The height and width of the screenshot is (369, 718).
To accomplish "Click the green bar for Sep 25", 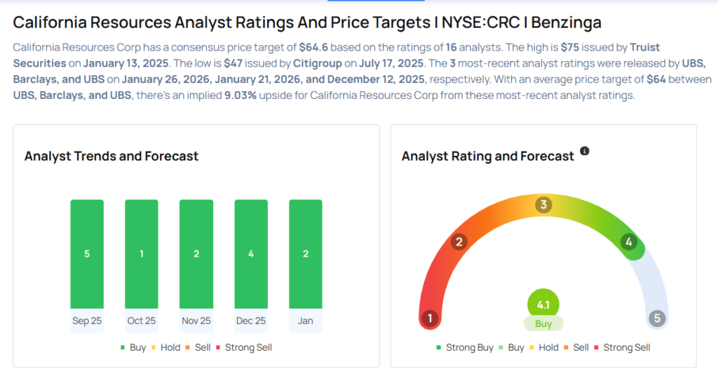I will coord(87,253).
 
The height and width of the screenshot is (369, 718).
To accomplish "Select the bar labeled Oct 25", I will coord(142,253).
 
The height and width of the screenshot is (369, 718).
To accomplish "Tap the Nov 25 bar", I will coord(196,253).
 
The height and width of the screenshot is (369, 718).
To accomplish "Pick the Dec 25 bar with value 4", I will coord(251,253).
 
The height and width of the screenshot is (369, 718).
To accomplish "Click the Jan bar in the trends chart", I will coord(306,253).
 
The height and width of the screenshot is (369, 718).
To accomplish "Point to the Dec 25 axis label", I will coord(251,321).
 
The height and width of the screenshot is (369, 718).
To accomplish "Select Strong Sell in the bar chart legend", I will coord(242,347).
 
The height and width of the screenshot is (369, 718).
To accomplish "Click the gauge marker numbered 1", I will coord(430,318).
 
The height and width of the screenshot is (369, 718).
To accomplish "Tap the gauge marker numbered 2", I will coord(459,242).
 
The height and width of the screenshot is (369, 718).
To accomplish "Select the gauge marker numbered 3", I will coord(543,205).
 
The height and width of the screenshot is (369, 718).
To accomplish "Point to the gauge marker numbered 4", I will coord(629,242).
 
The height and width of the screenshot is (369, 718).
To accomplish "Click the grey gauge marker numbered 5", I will coord(657,318).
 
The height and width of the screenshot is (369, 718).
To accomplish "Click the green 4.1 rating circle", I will coord(543,305).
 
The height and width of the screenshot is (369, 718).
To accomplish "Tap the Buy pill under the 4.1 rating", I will coord(543,324).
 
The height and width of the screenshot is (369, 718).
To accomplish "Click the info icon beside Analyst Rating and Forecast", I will coord(585,151).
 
